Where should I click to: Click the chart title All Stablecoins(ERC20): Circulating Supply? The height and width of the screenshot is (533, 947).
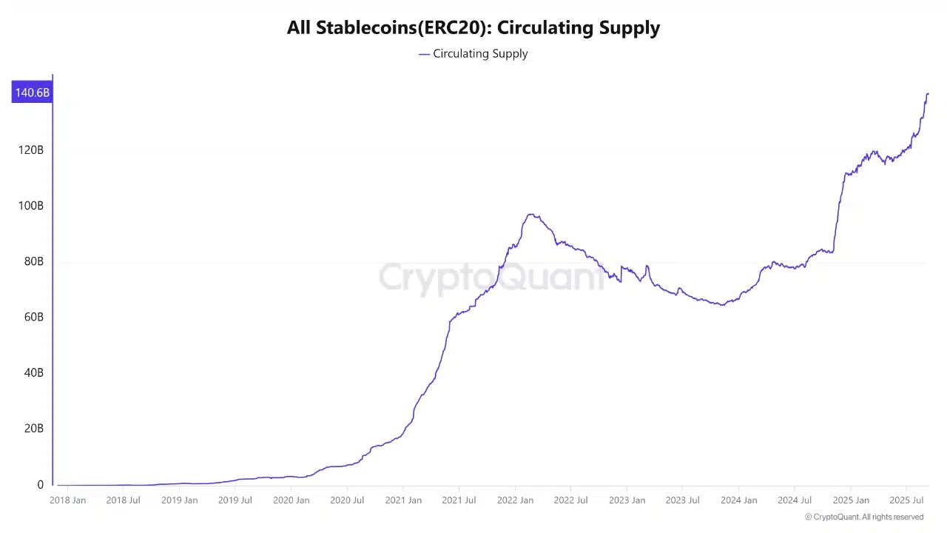pyautogui.click(x=473, y=28)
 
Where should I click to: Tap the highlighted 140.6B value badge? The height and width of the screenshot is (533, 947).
pyautogui.click(x=33, y=93)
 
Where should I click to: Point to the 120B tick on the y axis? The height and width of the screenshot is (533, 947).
pyautogui.click(x=31, y=150)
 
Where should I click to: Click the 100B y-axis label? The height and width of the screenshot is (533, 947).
pyautogui.click(x=31, y=206)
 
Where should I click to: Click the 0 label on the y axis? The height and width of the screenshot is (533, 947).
pyautogui.click(x=41, y=485)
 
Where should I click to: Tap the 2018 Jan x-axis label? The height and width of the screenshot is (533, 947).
pyautogui.click(x=68, y=500)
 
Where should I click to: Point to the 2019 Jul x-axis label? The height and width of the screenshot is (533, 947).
pyautogui.click(x=235, y=500)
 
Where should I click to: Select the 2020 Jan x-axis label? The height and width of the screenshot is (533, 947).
pyautogui.click(x=291, y=500)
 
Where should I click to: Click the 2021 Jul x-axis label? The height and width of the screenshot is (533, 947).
pyautogui.click(x=459, y=500)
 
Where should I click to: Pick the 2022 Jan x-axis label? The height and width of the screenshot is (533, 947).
pyautogui.click(x=515, y=500)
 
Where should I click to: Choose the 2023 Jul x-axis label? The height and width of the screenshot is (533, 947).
pyautogui.click(x=682, y=500)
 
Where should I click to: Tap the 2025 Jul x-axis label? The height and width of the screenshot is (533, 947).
pyautogui.click(x=906, y=500)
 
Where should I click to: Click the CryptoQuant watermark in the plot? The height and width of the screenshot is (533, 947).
pyautogui.click(x=491, y=278)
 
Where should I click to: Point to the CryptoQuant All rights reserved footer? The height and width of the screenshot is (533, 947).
pyautogui.click(x=864, y=517)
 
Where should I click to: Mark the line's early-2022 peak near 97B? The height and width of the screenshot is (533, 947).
pyautogui.click(x=531, y=215)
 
